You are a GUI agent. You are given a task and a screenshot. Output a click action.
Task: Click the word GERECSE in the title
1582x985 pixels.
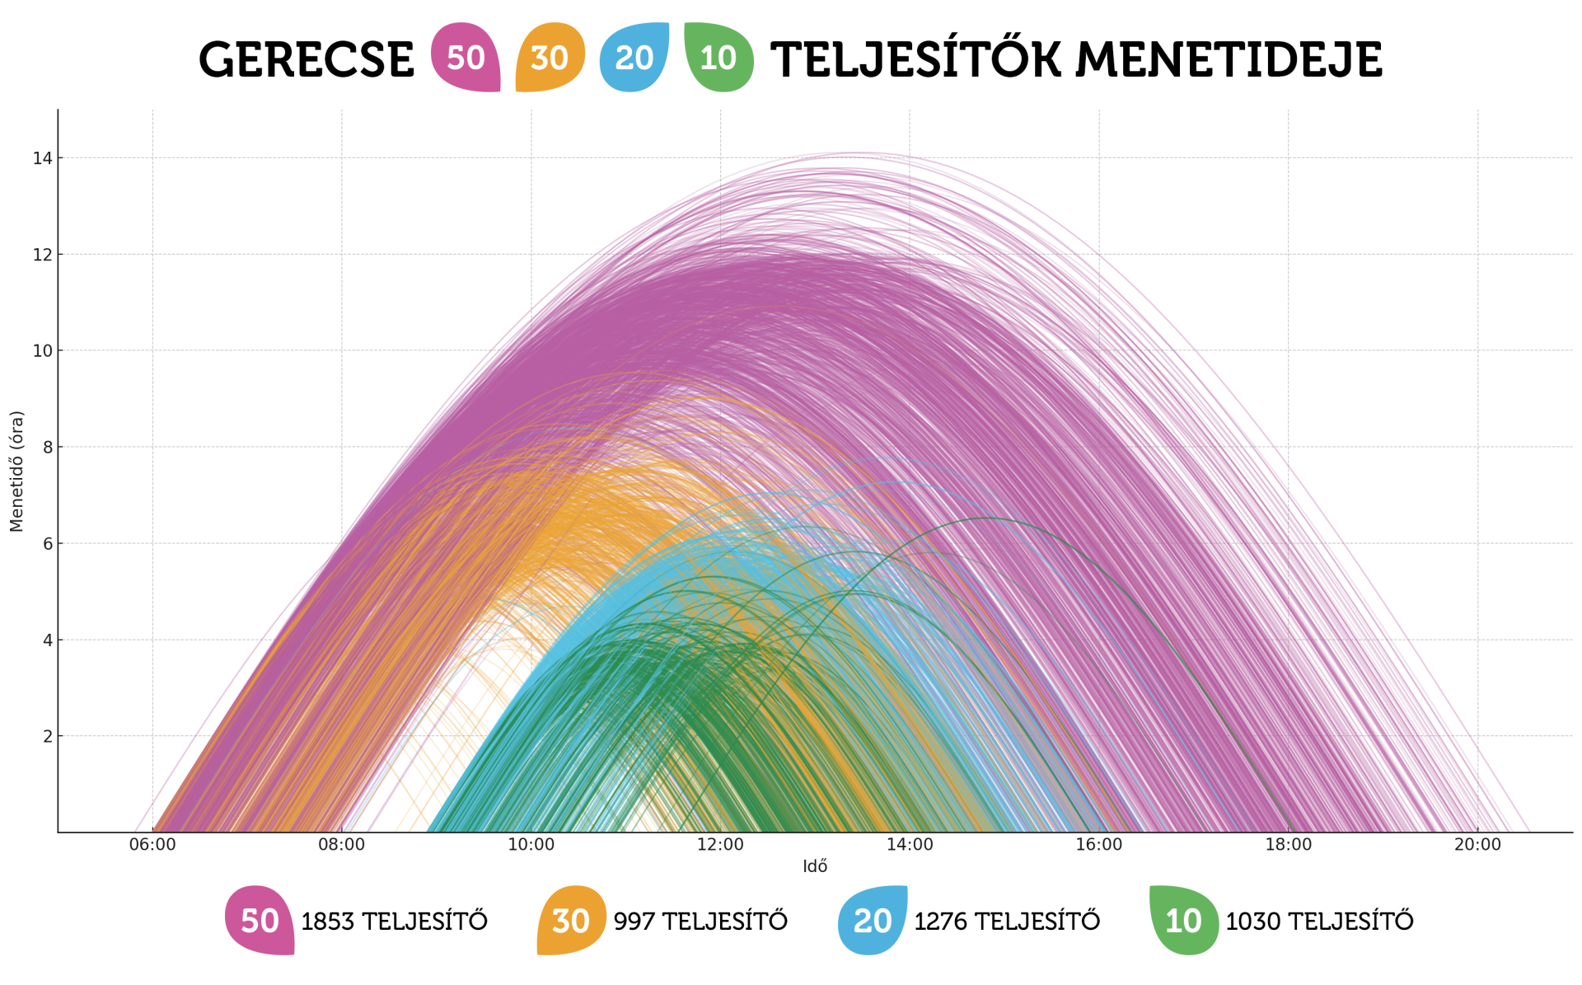pos(306,60)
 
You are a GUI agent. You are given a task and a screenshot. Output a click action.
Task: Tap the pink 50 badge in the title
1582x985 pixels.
pos(466,57)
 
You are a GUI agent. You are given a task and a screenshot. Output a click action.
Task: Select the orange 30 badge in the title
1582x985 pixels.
pos(550,57)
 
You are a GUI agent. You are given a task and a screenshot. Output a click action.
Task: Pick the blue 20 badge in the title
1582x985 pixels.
pos(634,57)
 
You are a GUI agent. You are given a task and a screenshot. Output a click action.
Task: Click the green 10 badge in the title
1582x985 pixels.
pos(718,58)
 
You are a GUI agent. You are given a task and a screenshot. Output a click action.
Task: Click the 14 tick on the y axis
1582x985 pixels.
pos(42,158)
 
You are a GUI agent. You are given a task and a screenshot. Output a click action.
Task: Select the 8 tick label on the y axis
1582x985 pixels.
pos(47,448)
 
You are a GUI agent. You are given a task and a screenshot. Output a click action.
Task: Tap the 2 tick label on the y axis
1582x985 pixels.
pos(47,737)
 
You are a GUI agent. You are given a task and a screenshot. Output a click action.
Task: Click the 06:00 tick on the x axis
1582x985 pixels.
pos(152,845)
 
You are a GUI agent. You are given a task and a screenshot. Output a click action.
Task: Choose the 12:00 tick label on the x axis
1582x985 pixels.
pos(720,845)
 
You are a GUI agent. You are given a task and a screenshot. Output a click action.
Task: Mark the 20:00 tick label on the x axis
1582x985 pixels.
pos(1477,845)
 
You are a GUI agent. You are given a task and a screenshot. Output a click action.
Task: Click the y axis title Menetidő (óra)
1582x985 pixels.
pos(16,471)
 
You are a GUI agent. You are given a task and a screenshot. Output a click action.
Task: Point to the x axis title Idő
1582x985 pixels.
pos(815,866)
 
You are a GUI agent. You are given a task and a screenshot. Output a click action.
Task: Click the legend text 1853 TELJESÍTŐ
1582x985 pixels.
pos(394,922)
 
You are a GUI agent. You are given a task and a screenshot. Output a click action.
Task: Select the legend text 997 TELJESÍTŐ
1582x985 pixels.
pos(700,922)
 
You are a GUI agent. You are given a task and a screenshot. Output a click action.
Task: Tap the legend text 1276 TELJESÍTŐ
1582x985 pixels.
pos(1007,922)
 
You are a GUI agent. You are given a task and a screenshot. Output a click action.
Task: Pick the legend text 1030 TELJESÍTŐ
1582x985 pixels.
pos(1319,922)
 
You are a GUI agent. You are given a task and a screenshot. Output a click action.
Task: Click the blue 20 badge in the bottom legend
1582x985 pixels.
pos(873,921)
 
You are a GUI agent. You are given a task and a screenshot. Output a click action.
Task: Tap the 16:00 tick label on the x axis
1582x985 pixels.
pos(1099,845)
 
